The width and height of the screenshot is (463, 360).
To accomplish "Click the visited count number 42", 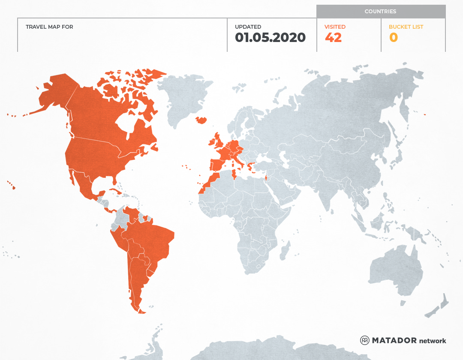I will (333, 38).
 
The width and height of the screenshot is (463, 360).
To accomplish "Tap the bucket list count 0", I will (393, 38).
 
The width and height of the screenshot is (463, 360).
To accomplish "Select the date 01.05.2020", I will (270, 38).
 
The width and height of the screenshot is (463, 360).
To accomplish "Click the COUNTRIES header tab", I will (380, 12).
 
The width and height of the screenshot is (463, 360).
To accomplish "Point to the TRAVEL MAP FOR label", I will (49, 27).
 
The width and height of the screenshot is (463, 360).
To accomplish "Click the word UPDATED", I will (248, 27).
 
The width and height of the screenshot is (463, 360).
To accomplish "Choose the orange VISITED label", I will (335, 27).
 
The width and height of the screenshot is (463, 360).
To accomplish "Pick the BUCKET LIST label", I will (406, 27).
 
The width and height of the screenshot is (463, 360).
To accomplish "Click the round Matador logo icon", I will (365, 341).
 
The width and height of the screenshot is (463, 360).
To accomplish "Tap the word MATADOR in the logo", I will (394, 341).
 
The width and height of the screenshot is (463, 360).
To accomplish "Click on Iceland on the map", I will (201, 120).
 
